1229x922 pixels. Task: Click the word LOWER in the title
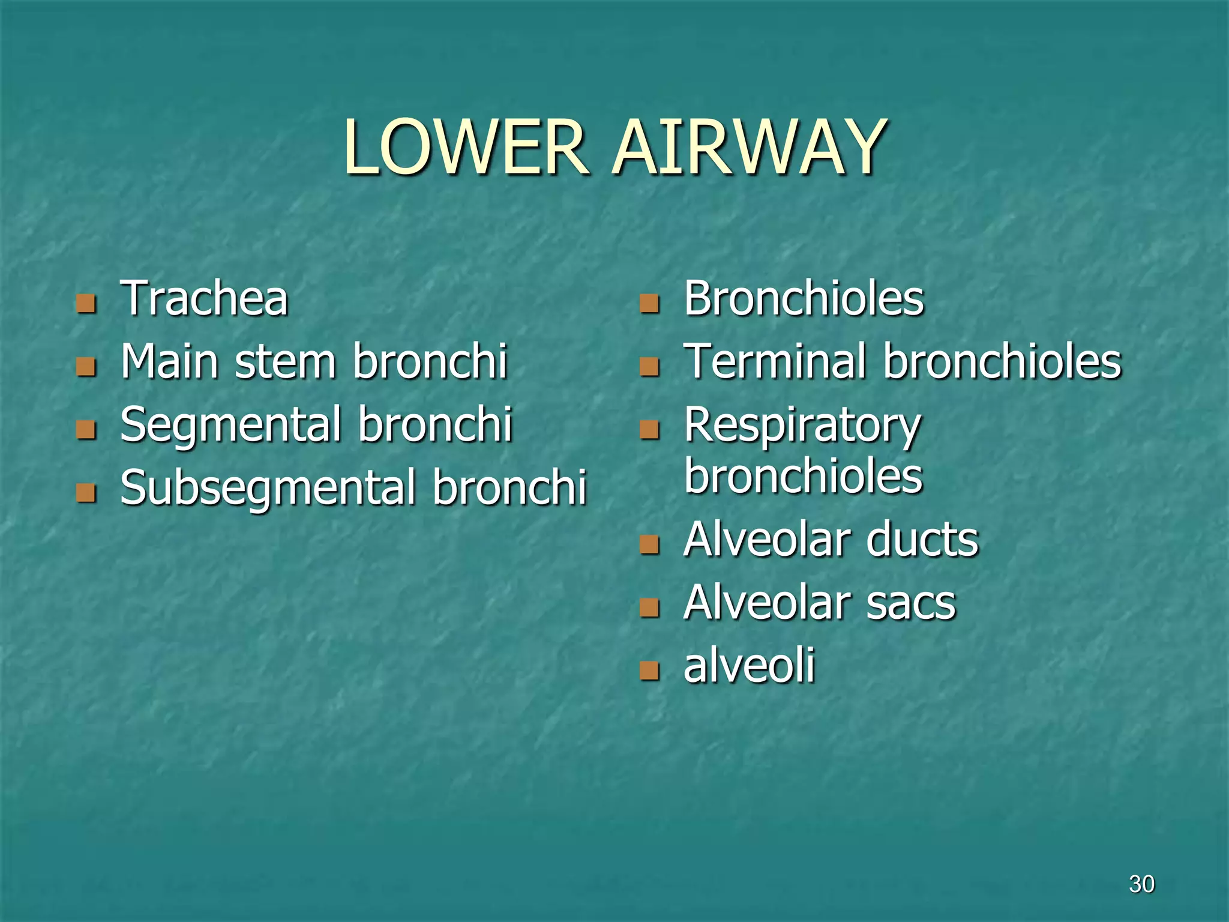[466, 148]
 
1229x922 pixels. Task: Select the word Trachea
[204, 298]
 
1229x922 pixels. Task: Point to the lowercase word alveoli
[749, 665]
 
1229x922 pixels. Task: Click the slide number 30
[1141, 884]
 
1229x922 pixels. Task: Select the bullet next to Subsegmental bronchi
[86, 493]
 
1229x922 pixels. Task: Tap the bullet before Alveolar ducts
[649, 544]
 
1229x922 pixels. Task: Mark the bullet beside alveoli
[649, 670]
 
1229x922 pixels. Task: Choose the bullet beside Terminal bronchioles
[649, 367]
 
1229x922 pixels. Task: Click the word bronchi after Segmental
[435, 424]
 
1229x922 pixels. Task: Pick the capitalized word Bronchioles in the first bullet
[804, 298]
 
